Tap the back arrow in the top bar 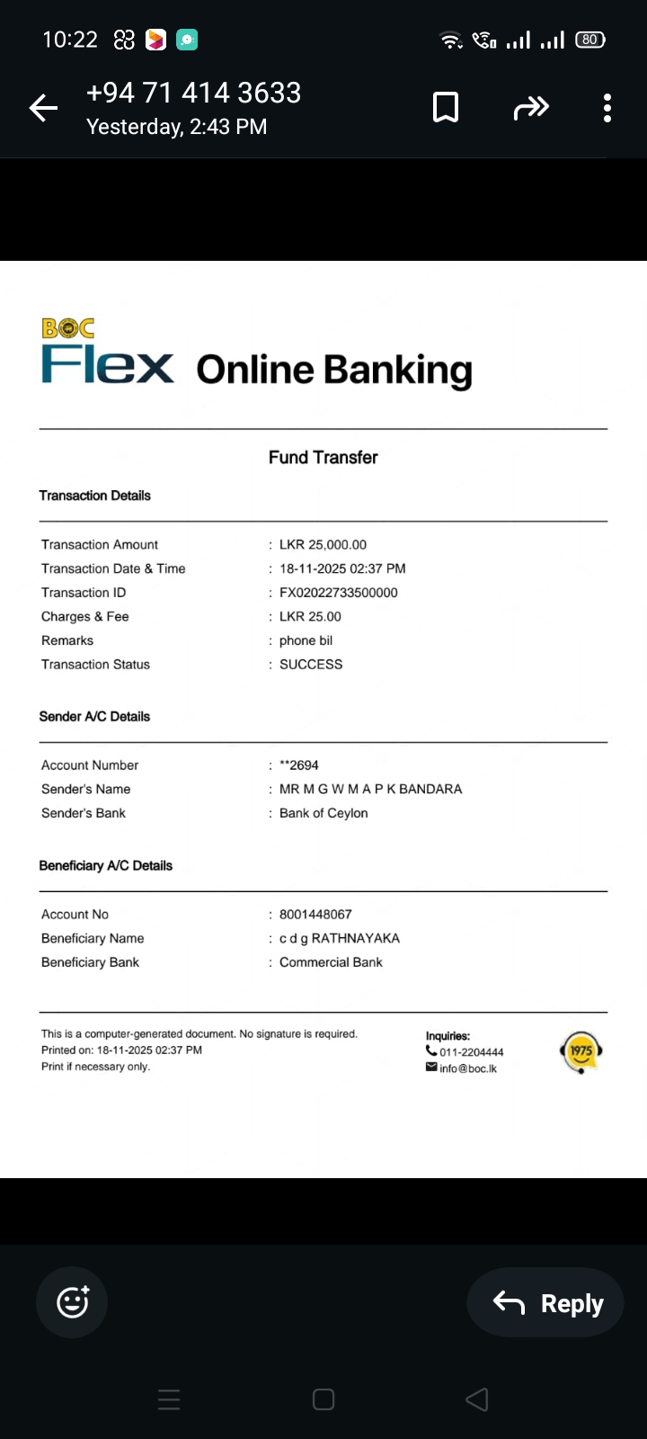tap(43, 109)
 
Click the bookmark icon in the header tap(446, 108)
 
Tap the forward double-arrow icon tap(530, 109)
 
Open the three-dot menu tap(607, 108)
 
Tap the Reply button tap(546, 1302)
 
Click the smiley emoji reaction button tap(72, 1302)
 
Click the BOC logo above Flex tap(68, 328)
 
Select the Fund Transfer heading tap(323, 458)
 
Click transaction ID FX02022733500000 tap(339, 593)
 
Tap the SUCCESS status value tap(311, 665)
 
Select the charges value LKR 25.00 tap(310, 617)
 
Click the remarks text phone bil tap(306, 641)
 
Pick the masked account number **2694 tap(299, 765)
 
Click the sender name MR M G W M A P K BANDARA tap(370, 790)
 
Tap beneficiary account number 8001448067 tap(315, 915)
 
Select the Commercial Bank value tap(331, 962)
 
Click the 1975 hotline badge tap(581, 1051)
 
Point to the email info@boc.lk tap(467, 1068)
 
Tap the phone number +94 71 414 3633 tap(193, 93)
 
